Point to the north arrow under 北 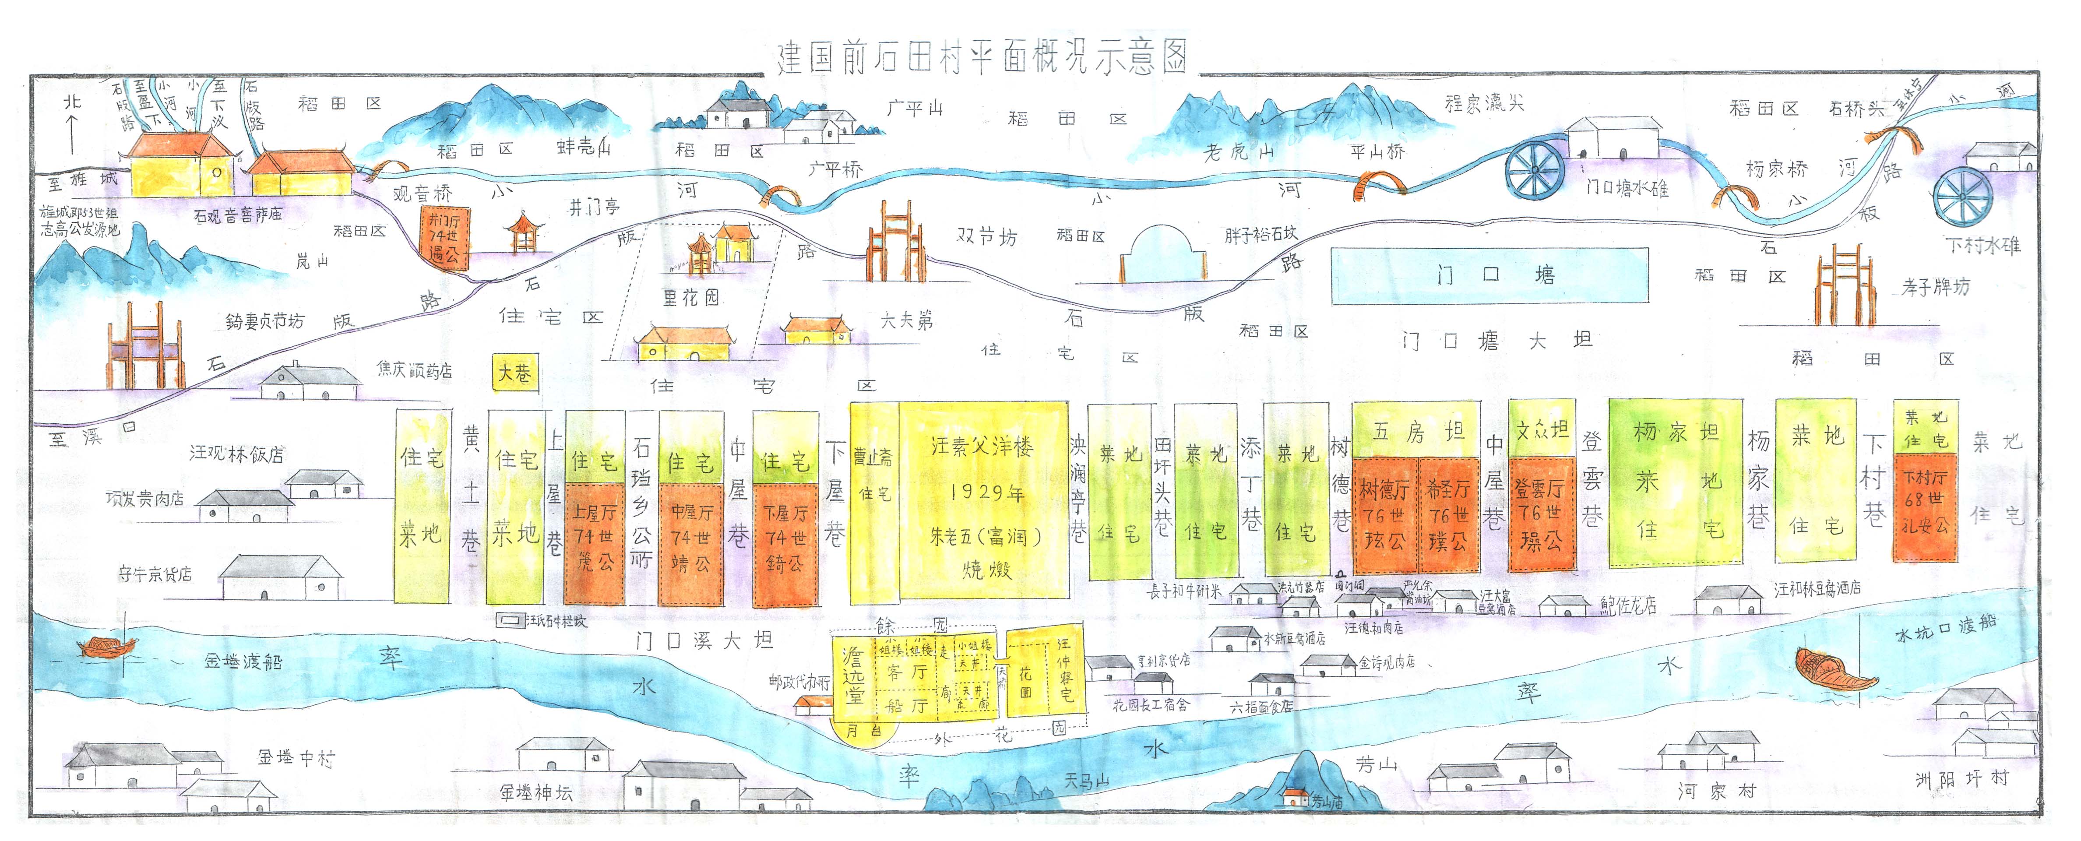(x=72, y=133)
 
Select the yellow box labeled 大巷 (x=514, y=373)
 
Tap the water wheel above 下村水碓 (x=1963, y=196)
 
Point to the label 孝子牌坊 (x=1935, y=287)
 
